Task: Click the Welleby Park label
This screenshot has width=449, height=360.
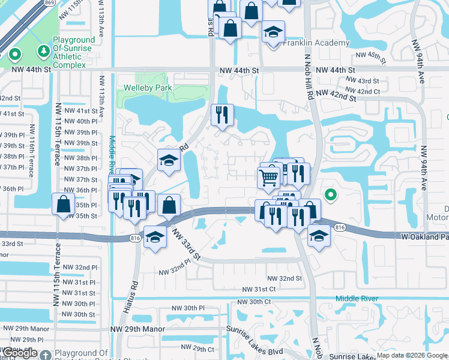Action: (x=148, y=88)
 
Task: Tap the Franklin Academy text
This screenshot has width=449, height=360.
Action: (x=316, y=43)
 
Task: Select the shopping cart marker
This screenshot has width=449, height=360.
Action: (x=268, y=177)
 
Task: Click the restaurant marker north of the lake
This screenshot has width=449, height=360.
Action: (x=222, y=114)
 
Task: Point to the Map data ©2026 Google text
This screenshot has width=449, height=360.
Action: (x=412, y=355)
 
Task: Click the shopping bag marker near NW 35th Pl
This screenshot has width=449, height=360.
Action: (x=63, y=203)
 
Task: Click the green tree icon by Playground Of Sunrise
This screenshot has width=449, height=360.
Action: (x=43, y=52)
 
